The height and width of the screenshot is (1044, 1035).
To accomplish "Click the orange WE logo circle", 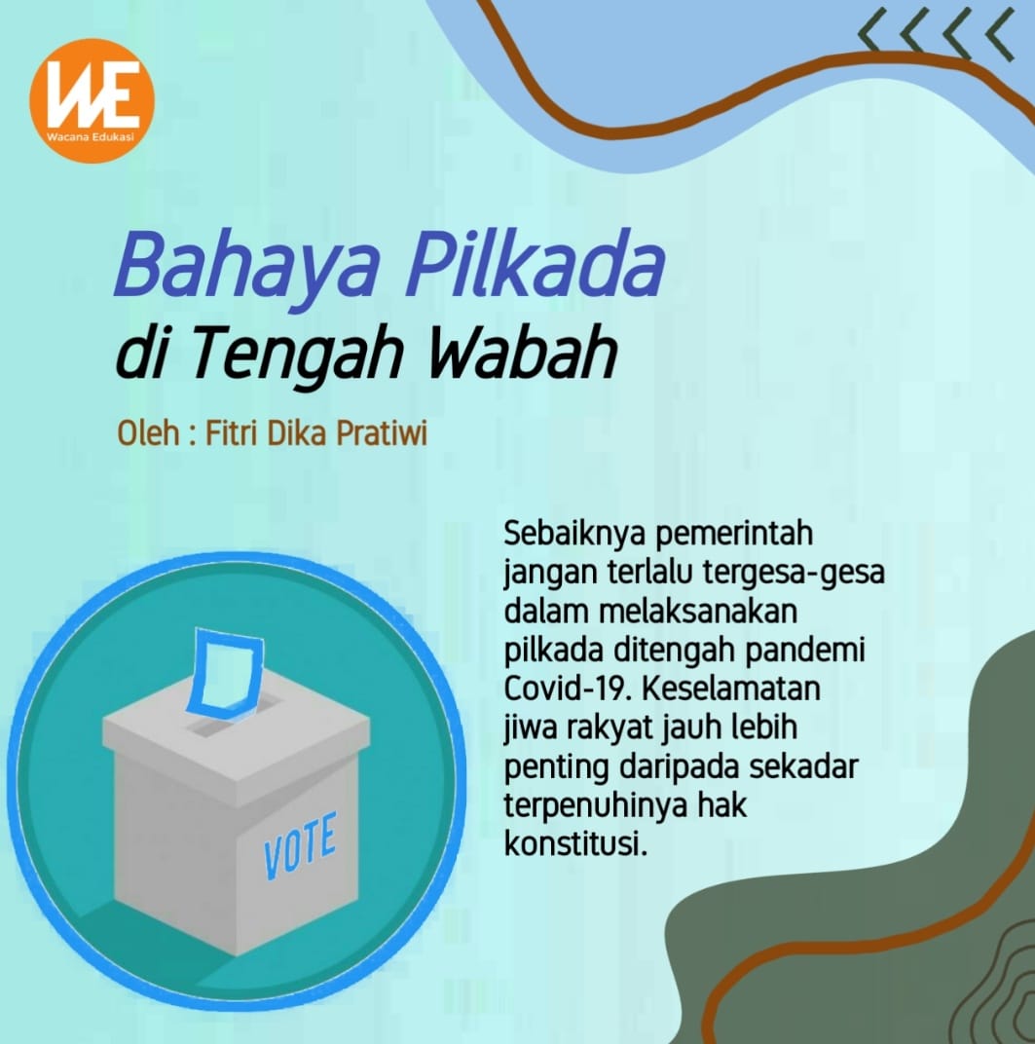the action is pos(92,100).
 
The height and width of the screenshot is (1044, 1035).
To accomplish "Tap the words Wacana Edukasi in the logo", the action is pos(91,137).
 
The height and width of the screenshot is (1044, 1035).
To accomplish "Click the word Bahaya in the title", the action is pos(247,266).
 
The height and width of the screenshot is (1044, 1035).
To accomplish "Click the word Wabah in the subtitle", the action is pos(522,351).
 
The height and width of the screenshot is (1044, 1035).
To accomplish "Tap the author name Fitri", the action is pos(233,432).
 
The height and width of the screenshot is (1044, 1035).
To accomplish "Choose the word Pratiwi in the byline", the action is pos(382,432).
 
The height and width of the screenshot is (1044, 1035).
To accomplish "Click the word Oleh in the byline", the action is pos(148,432).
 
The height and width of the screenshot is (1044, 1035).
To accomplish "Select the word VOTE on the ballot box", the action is pos(300,845).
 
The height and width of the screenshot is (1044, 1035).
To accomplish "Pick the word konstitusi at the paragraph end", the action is pos(575,844).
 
